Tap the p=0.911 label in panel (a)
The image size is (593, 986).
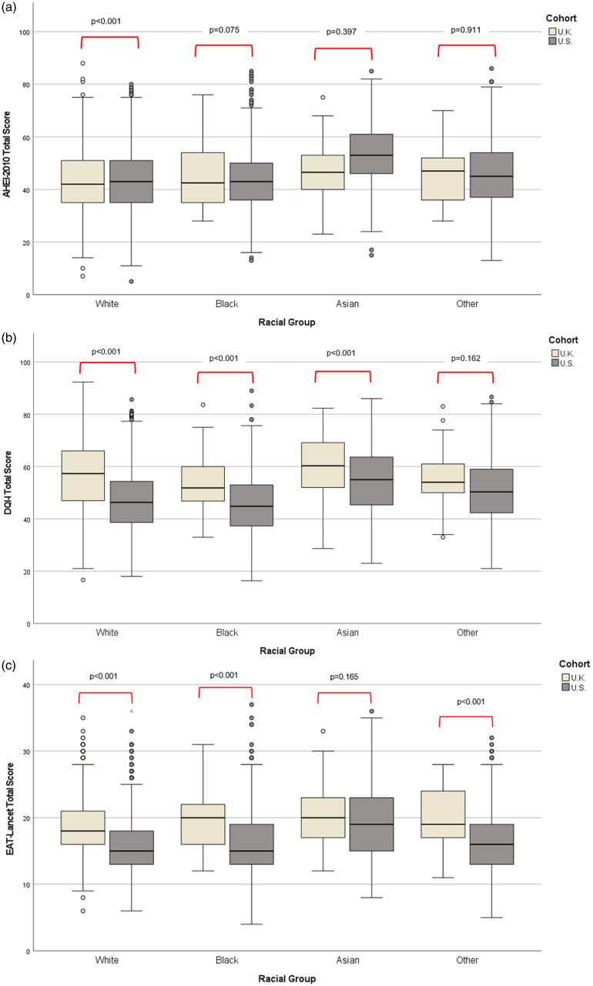pyautogui.click(x=467, y=32)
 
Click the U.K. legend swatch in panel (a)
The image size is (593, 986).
pyautogui.click(x=553, y=32)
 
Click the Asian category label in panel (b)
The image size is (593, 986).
pyautogui.click(x=343, y=633)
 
